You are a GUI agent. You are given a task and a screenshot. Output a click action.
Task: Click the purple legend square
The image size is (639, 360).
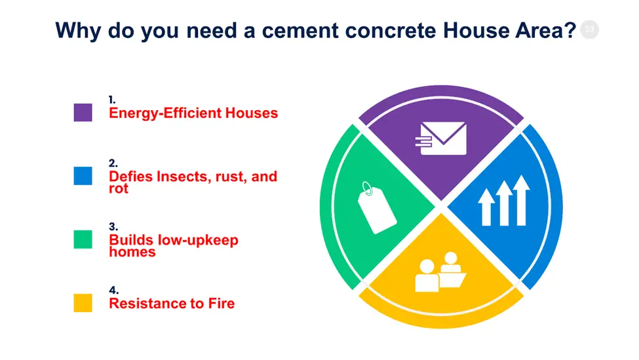pyautogui.click(x=83, y=113)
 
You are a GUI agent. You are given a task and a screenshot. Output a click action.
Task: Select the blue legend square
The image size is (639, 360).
pyautogui.click(x=83, y=176)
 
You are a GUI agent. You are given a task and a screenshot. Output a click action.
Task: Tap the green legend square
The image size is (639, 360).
pyautogui.click(x=83, y=239)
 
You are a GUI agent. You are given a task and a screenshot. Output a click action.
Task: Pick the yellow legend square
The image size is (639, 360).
pyautogui.click(x=83, y=303)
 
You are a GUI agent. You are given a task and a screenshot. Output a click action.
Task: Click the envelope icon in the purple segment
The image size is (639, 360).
pyautogui.click(x=441, y=138)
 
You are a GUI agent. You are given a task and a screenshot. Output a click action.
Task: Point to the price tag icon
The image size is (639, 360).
pyautogui.click(x=376, y=208)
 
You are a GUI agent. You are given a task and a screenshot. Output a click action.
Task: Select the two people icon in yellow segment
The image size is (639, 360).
pyautogui.click(x=440, y=272)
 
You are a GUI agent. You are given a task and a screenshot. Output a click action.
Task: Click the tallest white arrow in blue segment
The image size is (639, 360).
pyautogui.click(x=521, y=200)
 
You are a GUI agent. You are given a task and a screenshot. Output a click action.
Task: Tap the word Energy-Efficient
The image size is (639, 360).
pyautogui.click(x=165, y=113)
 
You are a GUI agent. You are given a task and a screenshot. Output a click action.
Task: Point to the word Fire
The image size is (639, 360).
pyautogui.click(x=222, y=304)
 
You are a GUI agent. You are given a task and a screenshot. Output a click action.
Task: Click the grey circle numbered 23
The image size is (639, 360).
pyautogui.click(x=589, y=30)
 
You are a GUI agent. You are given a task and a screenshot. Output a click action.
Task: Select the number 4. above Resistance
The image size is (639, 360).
pyautogui.click(x=113, y=290)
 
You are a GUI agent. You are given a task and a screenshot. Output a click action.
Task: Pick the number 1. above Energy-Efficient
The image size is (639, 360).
pyautogui.click(x=112, y=100)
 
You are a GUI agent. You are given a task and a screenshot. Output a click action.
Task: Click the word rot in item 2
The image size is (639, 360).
pyautogui.click(x=119, y=189)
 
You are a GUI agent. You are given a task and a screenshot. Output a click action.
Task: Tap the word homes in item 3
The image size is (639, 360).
pyautogui.click(x=132, y=252)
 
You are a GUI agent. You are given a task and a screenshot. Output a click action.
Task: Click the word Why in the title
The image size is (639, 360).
pyautogui.click(x=78, y=31)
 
